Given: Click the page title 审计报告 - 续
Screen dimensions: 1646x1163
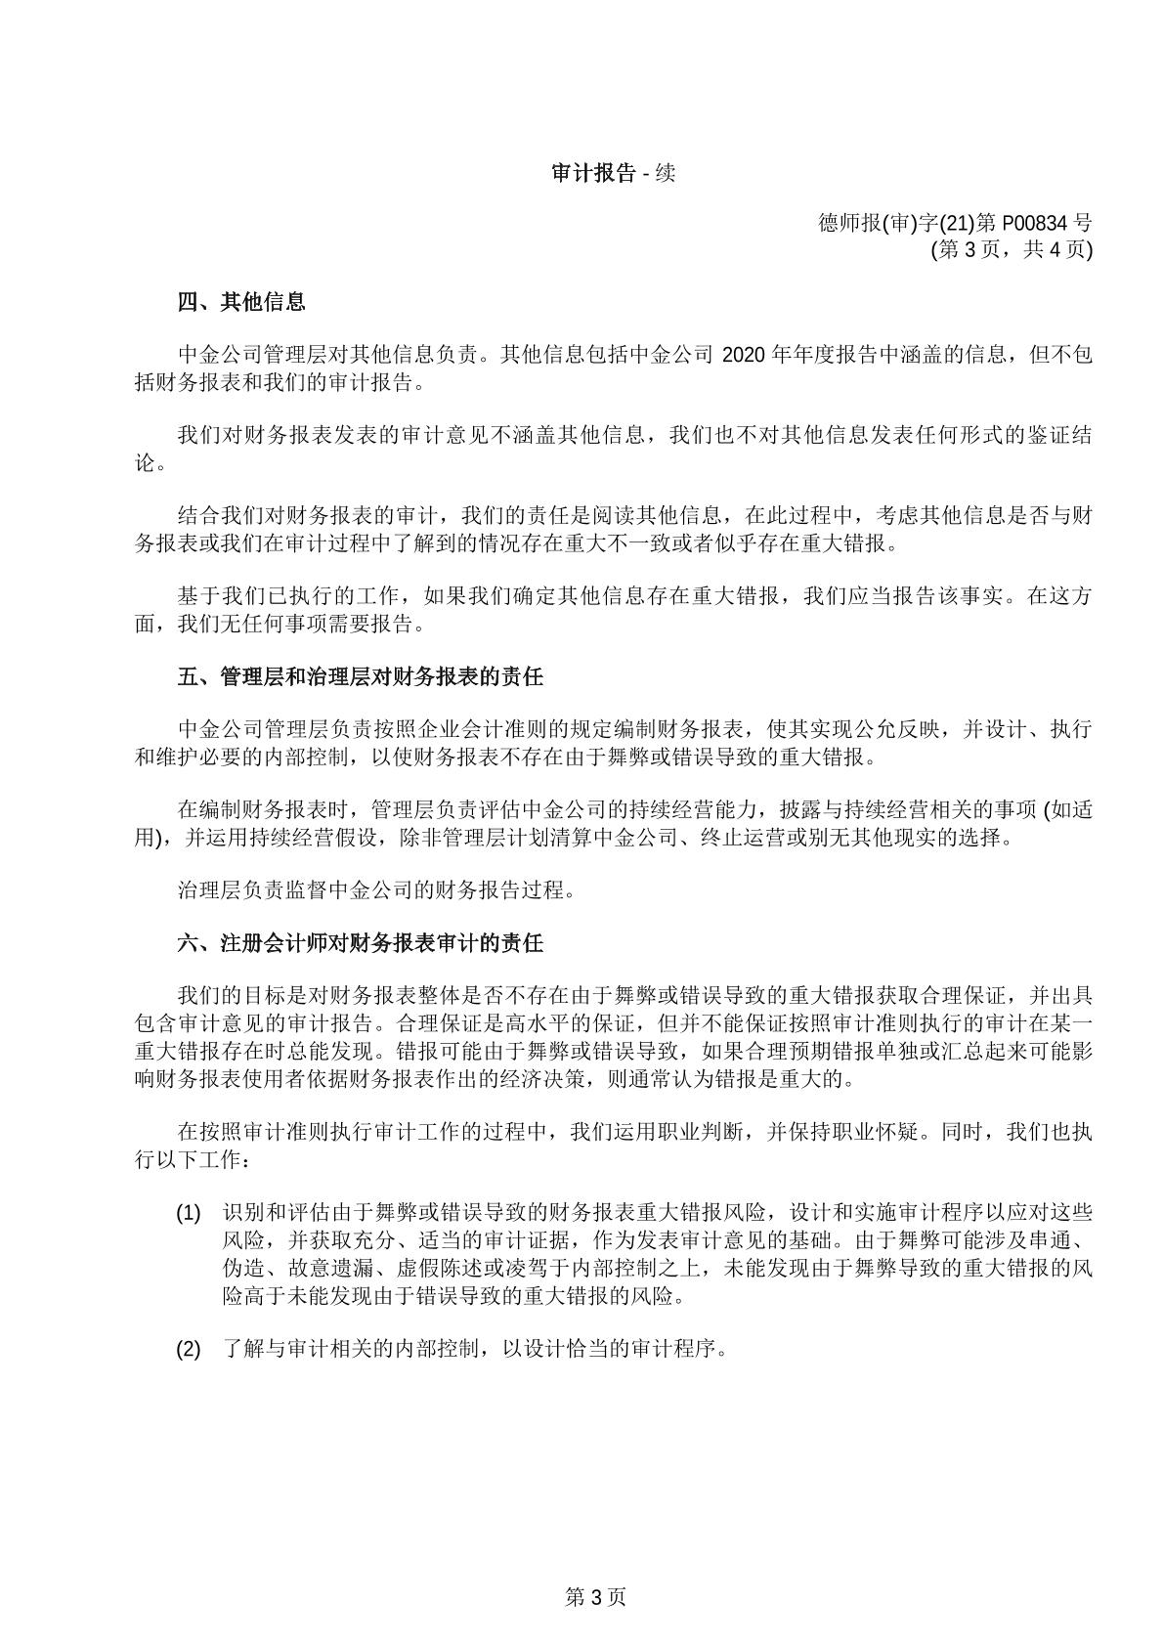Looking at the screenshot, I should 613,174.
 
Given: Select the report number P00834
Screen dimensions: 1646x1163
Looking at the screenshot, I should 1037,223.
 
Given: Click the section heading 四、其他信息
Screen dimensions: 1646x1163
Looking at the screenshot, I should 241,302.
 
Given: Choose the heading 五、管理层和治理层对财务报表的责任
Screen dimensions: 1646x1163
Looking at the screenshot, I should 361,676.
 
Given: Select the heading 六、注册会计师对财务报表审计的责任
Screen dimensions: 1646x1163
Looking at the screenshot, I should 361,943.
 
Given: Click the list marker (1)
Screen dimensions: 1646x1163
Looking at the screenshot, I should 188,1214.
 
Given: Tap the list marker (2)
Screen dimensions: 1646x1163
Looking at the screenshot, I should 188,1350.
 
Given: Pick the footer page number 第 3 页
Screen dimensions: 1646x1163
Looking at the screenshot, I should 595,1598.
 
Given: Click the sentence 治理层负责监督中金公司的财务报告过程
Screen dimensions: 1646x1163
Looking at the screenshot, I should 376,890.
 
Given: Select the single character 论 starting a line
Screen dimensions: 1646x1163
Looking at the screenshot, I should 145,463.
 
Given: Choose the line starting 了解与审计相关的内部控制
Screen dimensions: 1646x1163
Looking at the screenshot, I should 476,1350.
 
